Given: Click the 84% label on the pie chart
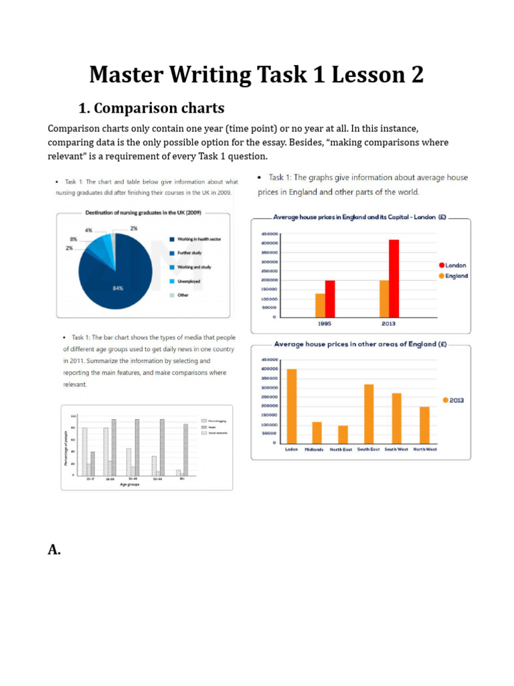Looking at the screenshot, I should pos(118,287).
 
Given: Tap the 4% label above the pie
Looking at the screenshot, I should pos(88,230).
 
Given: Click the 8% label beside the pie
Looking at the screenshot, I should pos(74,239).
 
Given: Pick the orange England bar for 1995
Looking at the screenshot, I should pos(320,305).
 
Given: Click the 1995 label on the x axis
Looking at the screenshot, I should pos(325,324).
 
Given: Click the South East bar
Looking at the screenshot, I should pos(368,413).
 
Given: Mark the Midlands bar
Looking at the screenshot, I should pos(317,432).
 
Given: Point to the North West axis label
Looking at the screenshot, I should pos(425,450).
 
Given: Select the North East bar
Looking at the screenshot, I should pos(343,434).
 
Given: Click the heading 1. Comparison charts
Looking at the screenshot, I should pos(151,108).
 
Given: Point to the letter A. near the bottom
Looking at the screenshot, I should pos(54,549).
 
